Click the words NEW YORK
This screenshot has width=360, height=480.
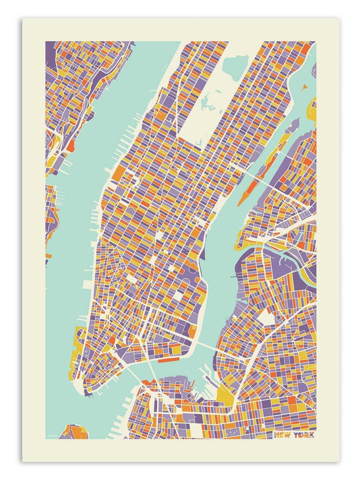[x=294, y=434]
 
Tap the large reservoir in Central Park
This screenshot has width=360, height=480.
[x=235, y=65]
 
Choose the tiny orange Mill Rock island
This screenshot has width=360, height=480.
[x=303, y=88]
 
